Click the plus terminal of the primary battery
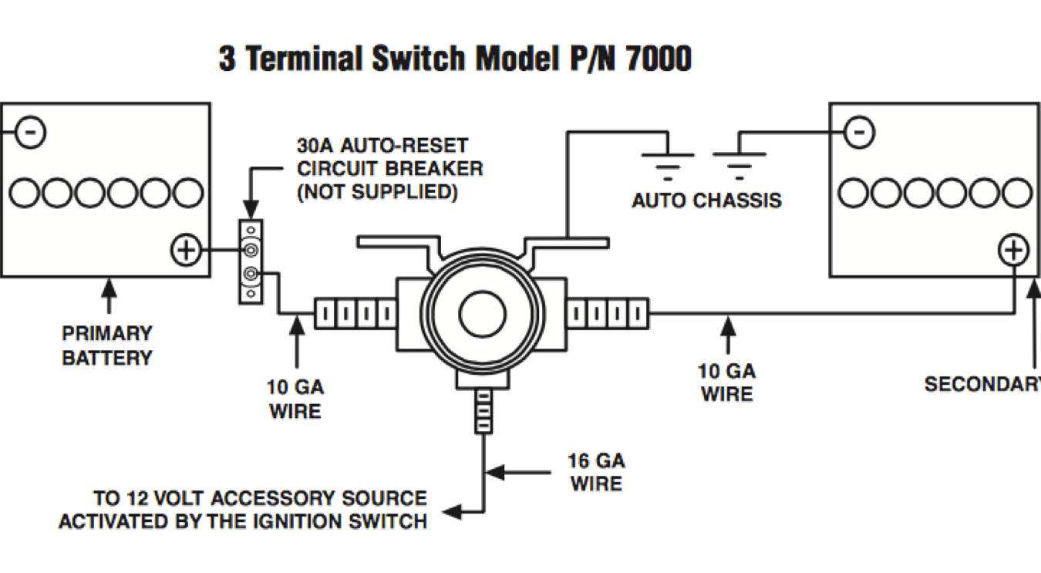(x=185, y=251)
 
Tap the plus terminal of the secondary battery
(x=1013, y=250)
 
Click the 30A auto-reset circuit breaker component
(x=251, y=261)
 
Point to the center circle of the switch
(x=482, y=314)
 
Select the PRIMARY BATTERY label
(x=107, y=345)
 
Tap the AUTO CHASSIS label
(x=706, y=201)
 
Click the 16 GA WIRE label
(x=596, y=472)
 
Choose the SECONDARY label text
(x=982, y=383)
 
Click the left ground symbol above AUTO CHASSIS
(x=668, y=162)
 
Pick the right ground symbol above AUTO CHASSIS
(x=739, y=162)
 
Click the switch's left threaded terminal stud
(x=355, y=314)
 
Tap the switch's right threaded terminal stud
(x=608, y=314)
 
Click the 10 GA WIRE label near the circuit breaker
(x=295, y=399)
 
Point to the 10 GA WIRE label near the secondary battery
(x=726, y=383)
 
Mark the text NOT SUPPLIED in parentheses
(x=378, y=191)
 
